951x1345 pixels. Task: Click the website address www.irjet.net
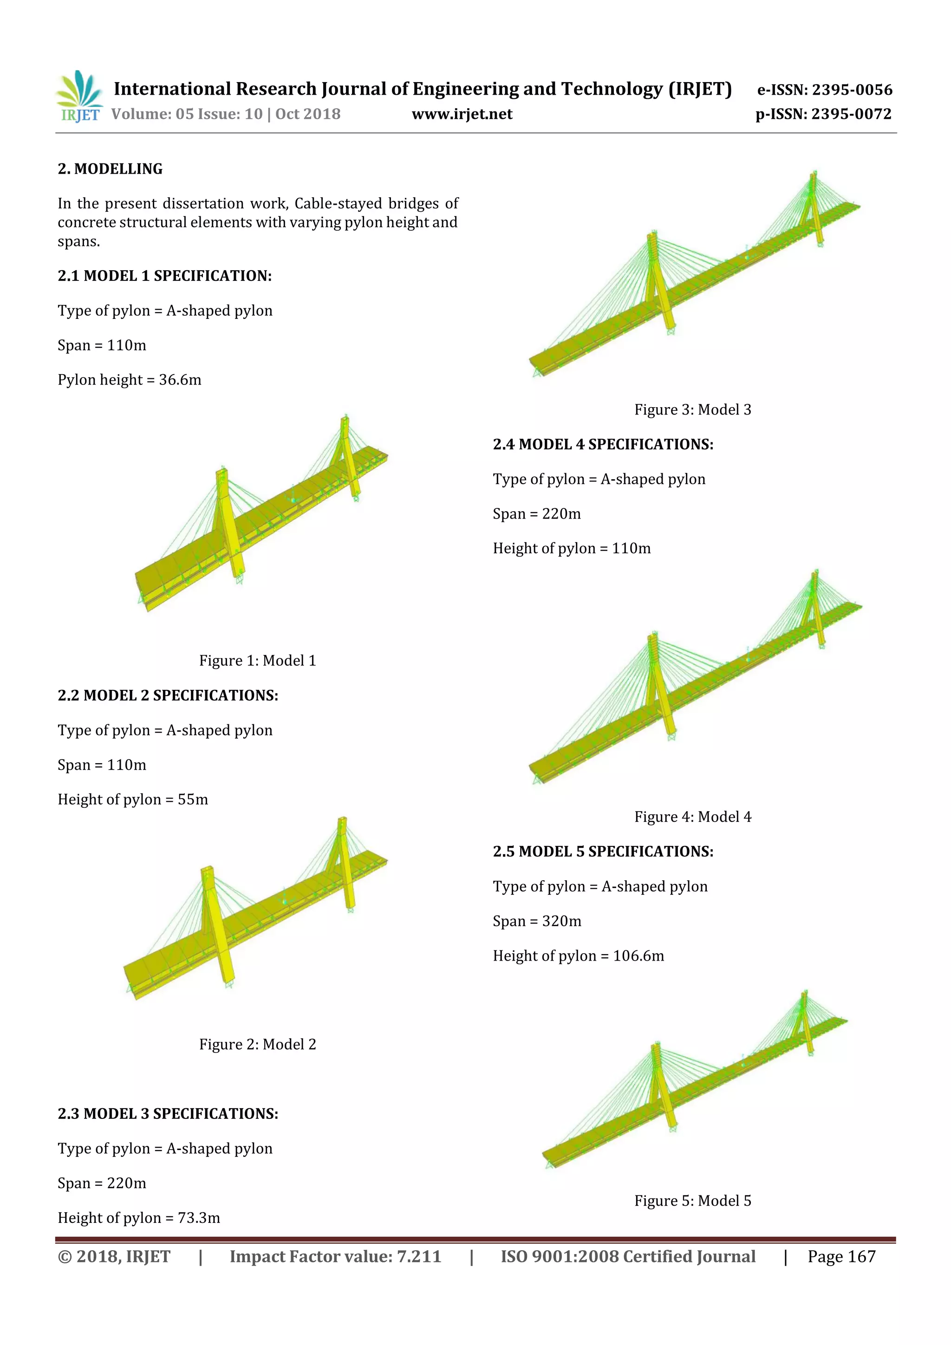tap(462, 114)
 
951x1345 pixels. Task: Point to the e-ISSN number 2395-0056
tap(852, 90)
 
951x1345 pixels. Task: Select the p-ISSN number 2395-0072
tap(851, 114)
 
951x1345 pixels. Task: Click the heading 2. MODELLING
tap(110, 169)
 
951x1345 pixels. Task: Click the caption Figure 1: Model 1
tap(257, 661)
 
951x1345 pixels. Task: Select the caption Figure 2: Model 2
tap(257, 1045)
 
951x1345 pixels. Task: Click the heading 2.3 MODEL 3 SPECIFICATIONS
tap(168, 1114)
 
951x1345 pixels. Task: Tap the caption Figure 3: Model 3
tap(693, 409)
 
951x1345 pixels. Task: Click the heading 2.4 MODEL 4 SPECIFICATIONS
tap(603, 445)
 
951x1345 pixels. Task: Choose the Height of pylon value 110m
tap(631, 548)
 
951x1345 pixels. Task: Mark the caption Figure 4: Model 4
tap(693, 817)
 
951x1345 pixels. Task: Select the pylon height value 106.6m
tap(638, 956)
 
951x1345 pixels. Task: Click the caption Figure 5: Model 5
tap(693, 1201)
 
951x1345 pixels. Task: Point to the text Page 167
tap(841, 1256)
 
